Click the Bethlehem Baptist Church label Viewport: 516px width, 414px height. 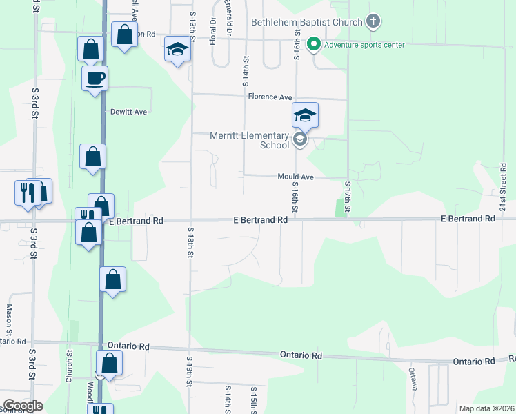point(306,22)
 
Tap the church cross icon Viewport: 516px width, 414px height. point(373,21)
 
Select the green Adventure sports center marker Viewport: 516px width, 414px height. point(314,45)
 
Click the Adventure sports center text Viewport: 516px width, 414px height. point(364,46)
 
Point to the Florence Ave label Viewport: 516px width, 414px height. point(270,97)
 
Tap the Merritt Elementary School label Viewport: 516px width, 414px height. point(250,140)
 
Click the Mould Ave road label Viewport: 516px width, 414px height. point(296,177)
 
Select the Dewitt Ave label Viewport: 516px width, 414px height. point(129,111)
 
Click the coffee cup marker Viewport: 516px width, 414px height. point(95,79)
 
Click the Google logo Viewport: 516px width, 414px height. point(22,406)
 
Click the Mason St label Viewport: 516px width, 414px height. point(10,321)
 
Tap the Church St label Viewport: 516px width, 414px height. point(69,366)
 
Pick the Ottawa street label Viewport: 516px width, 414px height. point(413,379)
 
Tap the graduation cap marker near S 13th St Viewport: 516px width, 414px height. point(177,50)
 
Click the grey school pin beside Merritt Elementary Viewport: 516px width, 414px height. point(299,140)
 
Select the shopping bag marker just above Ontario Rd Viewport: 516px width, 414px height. point(112,279)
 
